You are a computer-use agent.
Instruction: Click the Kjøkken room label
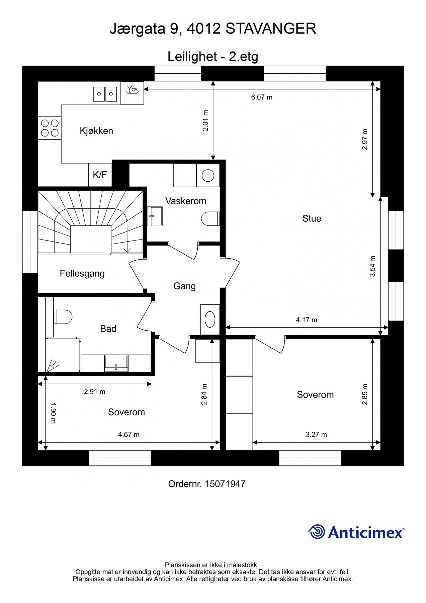coord(96,131)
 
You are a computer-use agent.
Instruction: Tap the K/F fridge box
coord(100,175)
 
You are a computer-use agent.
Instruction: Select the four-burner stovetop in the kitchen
coord(50,128)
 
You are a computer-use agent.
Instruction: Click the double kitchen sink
coord(105,94)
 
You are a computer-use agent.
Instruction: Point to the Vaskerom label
coord(186,201)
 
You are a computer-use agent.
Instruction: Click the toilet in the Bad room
coord(63,317)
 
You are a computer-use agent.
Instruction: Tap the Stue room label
coord(312,218)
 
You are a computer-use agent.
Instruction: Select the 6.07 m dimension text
coord(262,97)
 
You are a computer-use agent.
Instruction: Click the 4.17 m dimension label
coord(307,320)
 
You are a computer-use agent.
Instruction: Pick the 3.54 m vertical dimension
coord(372,266)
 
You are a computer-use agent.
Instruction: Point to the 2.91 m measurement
coord(95,392)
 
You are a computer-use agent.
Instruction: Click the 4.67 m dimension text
coord(129,434)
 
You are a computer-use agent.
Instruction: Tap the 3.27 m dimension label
coord(316,434)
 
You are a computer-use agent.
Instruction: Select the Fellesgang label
coord(82,274)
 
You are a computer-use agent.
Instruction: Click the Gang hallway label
coord(184,286)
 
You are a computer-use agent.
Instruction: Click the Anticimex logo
coord(356,532)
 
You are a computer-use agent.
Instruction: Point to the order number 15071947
coord(225,484)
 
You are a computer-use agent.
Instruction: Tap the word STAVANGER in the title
coord(271,29)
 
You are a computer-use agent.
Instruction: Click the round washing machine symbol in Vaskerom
coord(208,176)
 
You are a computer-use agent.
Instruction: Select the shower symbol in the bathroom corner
coord(52,365)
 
